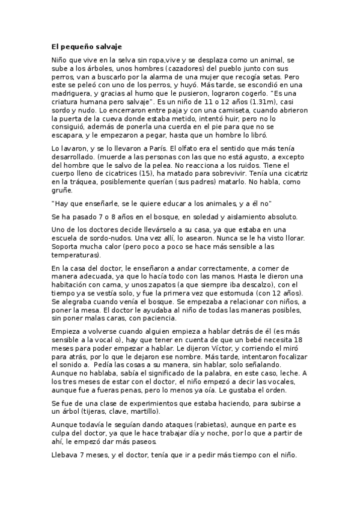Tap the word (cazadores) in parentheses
click(187, 69)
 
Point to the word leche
click(290, 373)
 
